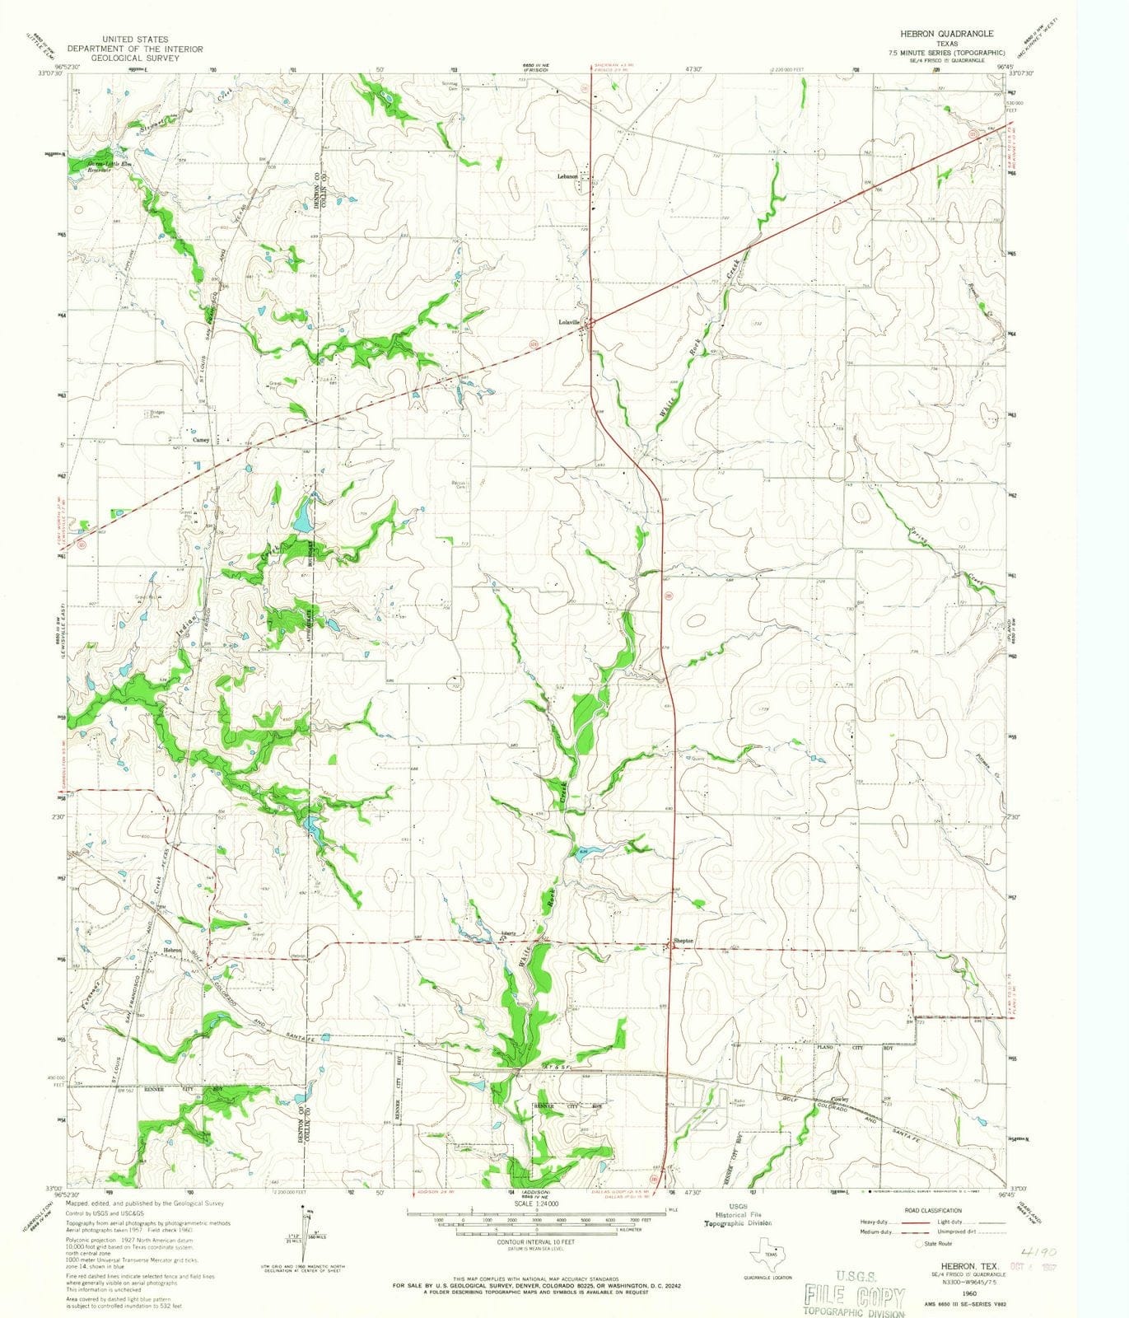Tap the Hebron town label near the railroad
click(172, 950)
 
